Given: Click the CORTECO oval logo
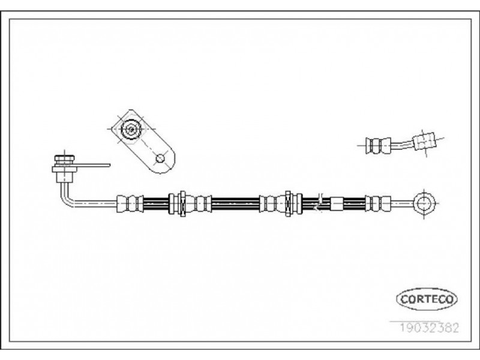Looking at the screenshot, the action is [x=427, y=299].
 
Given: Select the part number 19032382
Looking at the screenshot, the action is [x=430, y=328].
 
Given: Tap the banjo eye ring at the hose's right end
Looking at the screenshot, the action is [x=424, y=203].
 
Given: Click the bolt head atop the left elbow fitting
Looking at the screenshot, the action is [x=64, y=158].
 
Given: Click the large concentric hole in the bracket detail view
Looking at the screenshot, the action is [x=131, y=129].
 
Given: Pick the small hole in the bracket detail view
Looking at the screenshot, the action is [x=160, y=158].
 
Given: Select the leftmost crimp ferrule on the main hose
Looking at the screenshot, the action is [x=130, y=203].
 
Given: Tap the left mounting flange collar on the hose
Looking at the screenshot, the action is [x=182, y=203].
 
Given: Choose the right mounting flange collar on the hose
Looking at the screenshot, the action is [x=288, y=203].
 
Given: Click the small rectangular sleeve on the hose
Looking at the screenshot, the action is [x=337, y=203].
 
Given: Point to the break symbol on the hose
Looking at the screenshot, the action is [x=319, y=202].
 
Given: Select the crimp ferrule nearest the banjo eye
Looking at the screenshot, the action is [x=378, y=203].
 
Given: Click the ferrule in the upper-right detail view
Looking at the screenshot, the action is [x=378, y=145].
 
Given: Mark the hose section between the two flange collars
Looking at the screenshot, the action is [x=235, y=203].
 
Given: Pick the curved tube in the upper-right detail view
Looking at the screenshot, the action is [x=402, y=145].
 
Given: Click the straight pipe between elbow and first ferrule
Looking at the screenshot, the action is [x=95, y=203].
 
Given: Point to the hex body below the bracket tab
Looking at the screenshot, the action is [x=64, y=177].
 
